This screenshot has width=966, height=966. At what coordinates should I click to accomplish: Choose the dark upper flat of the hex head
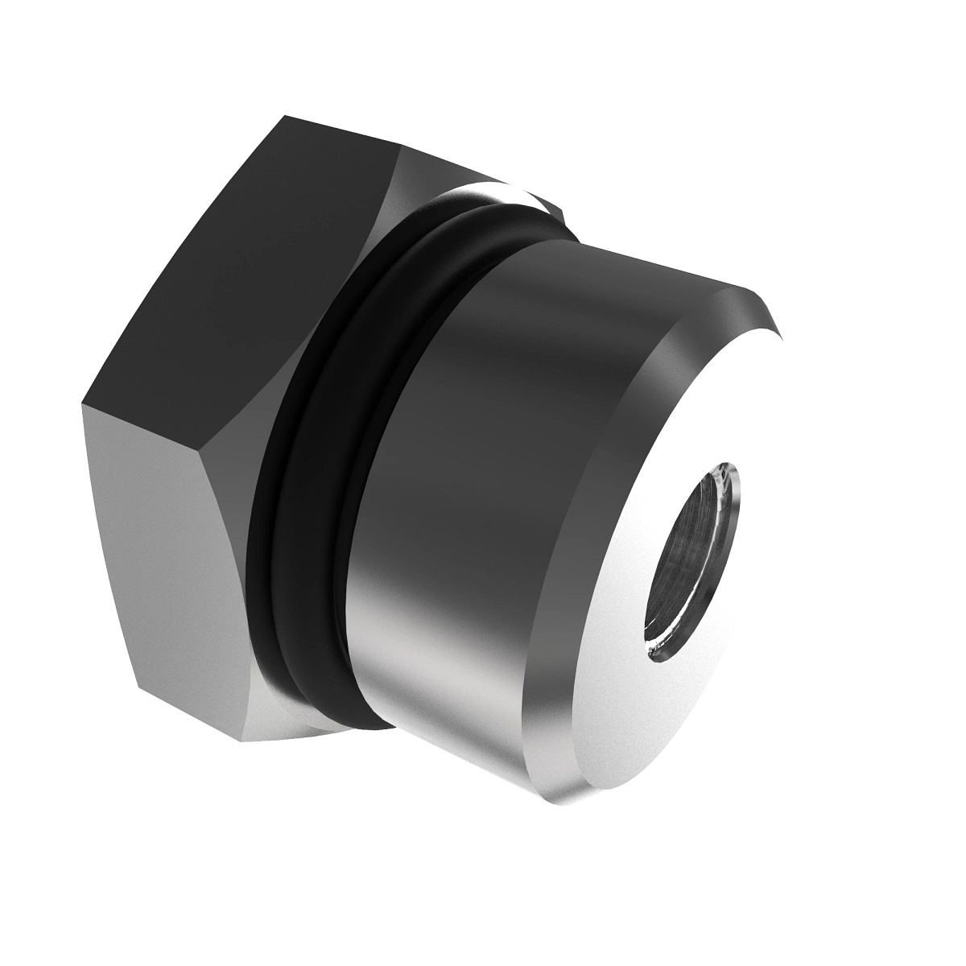click(x=242, y=266)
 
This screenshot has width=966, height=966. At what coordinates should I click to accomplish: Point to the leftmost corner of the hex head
click(x=83, y=402)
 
